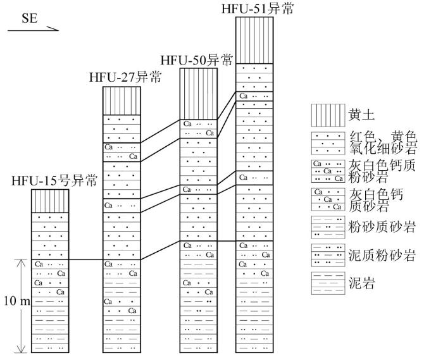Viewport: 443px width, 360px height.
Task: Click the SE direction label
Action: [30, 18]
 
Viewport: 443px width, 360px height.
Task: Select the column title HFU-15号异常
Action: [54, 180]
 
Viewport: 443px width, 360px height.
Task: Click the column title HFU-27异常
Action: [125, 77]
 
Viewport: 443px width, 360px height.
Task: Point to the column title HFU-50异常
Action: [197, 60]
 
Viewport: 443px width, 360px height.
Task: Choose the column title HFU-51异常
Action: [258, 8]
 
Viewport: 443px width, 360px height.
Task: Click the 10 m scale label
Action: [17, 301]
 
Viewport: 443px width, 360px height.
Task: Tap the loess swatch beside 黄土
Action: [328, 115]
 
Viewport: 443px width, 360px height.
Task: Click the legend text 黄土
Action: [361, 115]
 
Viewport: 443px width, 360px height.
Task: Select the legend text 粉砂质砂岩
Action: [382, 227]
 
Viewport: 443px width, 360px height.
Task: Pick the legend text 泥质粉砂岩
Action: [382, 255]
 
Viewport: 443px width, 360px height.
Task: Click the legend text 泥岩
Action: [362, 283]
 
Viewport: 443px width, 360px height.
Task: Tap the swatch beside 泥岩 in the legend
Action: [328, 283]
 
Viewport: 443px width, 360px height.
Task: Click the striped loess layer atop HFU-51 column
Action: [254, 40]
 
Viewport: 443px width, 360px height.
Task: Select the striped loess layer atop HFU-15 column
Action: [50, 201]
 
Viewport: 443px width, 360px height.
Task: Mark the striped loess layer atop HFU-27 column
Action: [122, 101]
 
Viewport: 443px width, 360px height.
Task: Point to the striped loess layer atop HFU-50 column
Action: [199, 94]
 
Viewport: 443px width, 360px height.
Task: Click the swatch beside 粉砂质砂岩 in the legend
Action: [328, 227]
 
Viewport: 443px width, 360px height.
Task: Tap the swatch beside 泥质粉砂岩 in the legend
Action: [328, 255]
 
